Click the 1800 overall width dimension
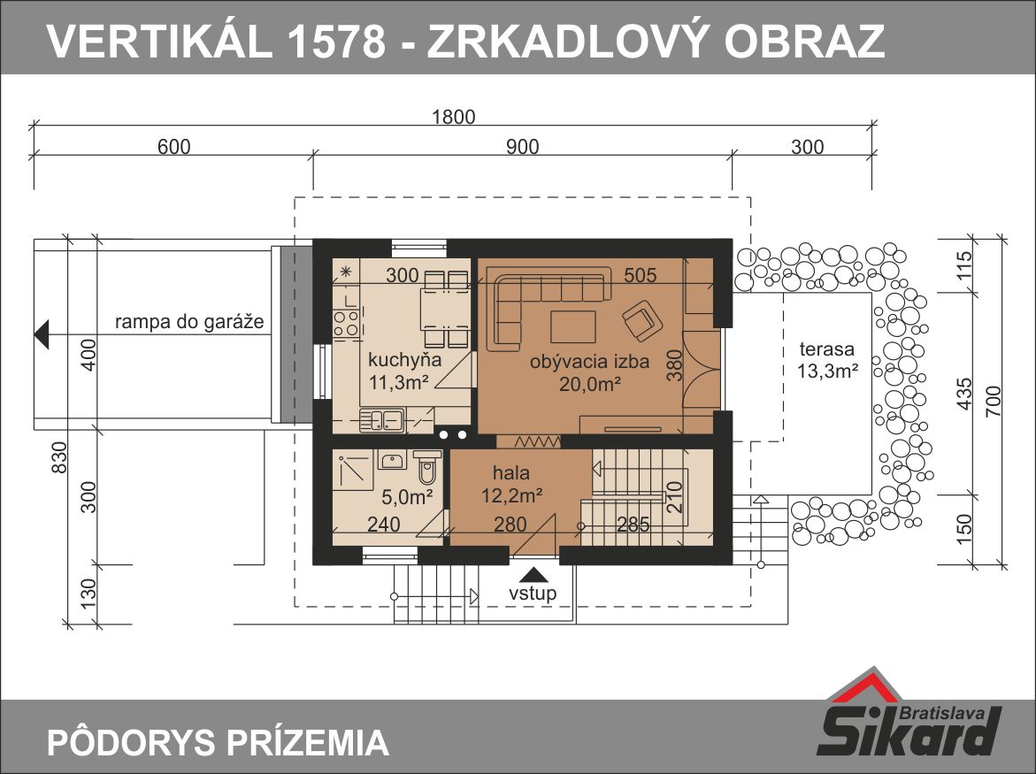tap(453, 117)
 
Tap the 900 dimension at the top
tap(523, 147)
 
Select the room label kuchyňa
tap(404, 361)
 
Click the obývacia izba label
tap(589, 362)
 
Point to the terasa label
tap(826, 349)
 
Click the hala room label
tap(510, 473)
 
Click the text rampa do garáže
tap(189, 322)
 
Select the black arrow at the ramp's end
tap(42, 333)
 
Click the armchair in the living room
tap(641, 320)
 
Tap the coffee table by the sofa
tap(572, 327)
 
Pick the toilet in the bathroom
tap(427, 468)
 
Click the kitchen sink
tap(382, 421)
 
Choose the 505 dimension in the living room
tap(641, 275)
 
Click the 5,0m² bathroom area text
tap(408, 496)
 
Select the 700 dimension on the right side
tap(993, 401)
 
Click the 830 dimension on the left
tap(58, 457)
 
